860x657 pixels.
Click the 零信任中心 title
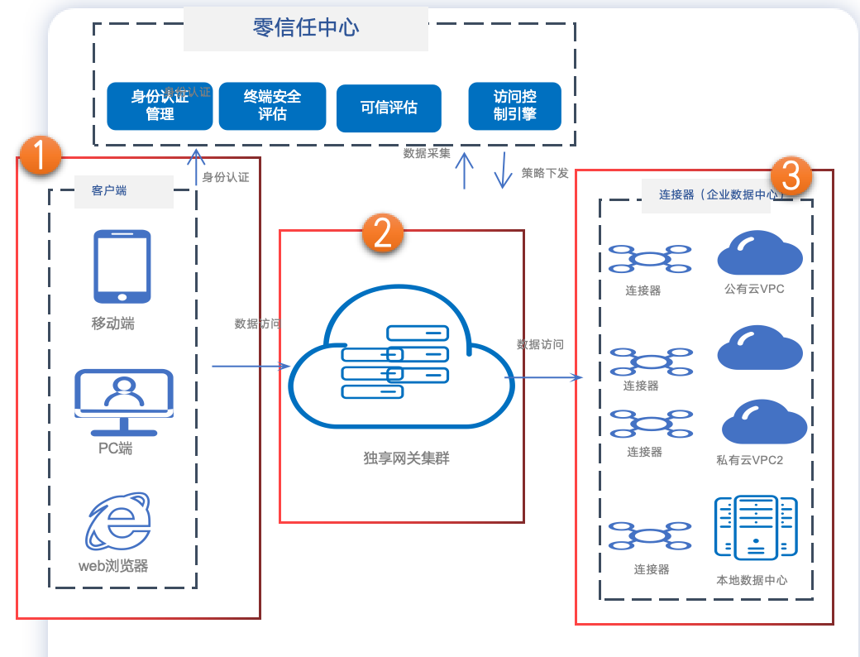306,27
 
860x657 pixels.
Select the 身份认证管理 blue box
160,105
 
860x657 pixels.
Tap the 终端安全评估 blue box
272,105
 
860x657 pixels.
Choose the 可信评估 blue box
389,108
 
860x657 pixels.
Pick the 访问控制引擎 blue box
514,106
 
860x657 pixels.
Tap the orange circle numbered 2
382,233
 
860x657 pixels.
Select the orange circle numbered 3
791,175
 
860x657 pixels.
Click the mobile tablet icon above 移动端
122,266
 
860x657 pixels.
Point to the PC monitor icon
124,401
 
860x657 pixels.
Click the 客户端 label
109,190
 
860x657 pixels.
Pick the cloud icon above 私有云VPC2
763,422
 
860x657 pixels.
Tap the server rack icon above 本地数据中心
755,528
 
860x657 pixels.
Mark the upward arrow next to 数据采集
465,170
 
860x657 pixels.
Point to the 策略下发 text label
545,173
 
